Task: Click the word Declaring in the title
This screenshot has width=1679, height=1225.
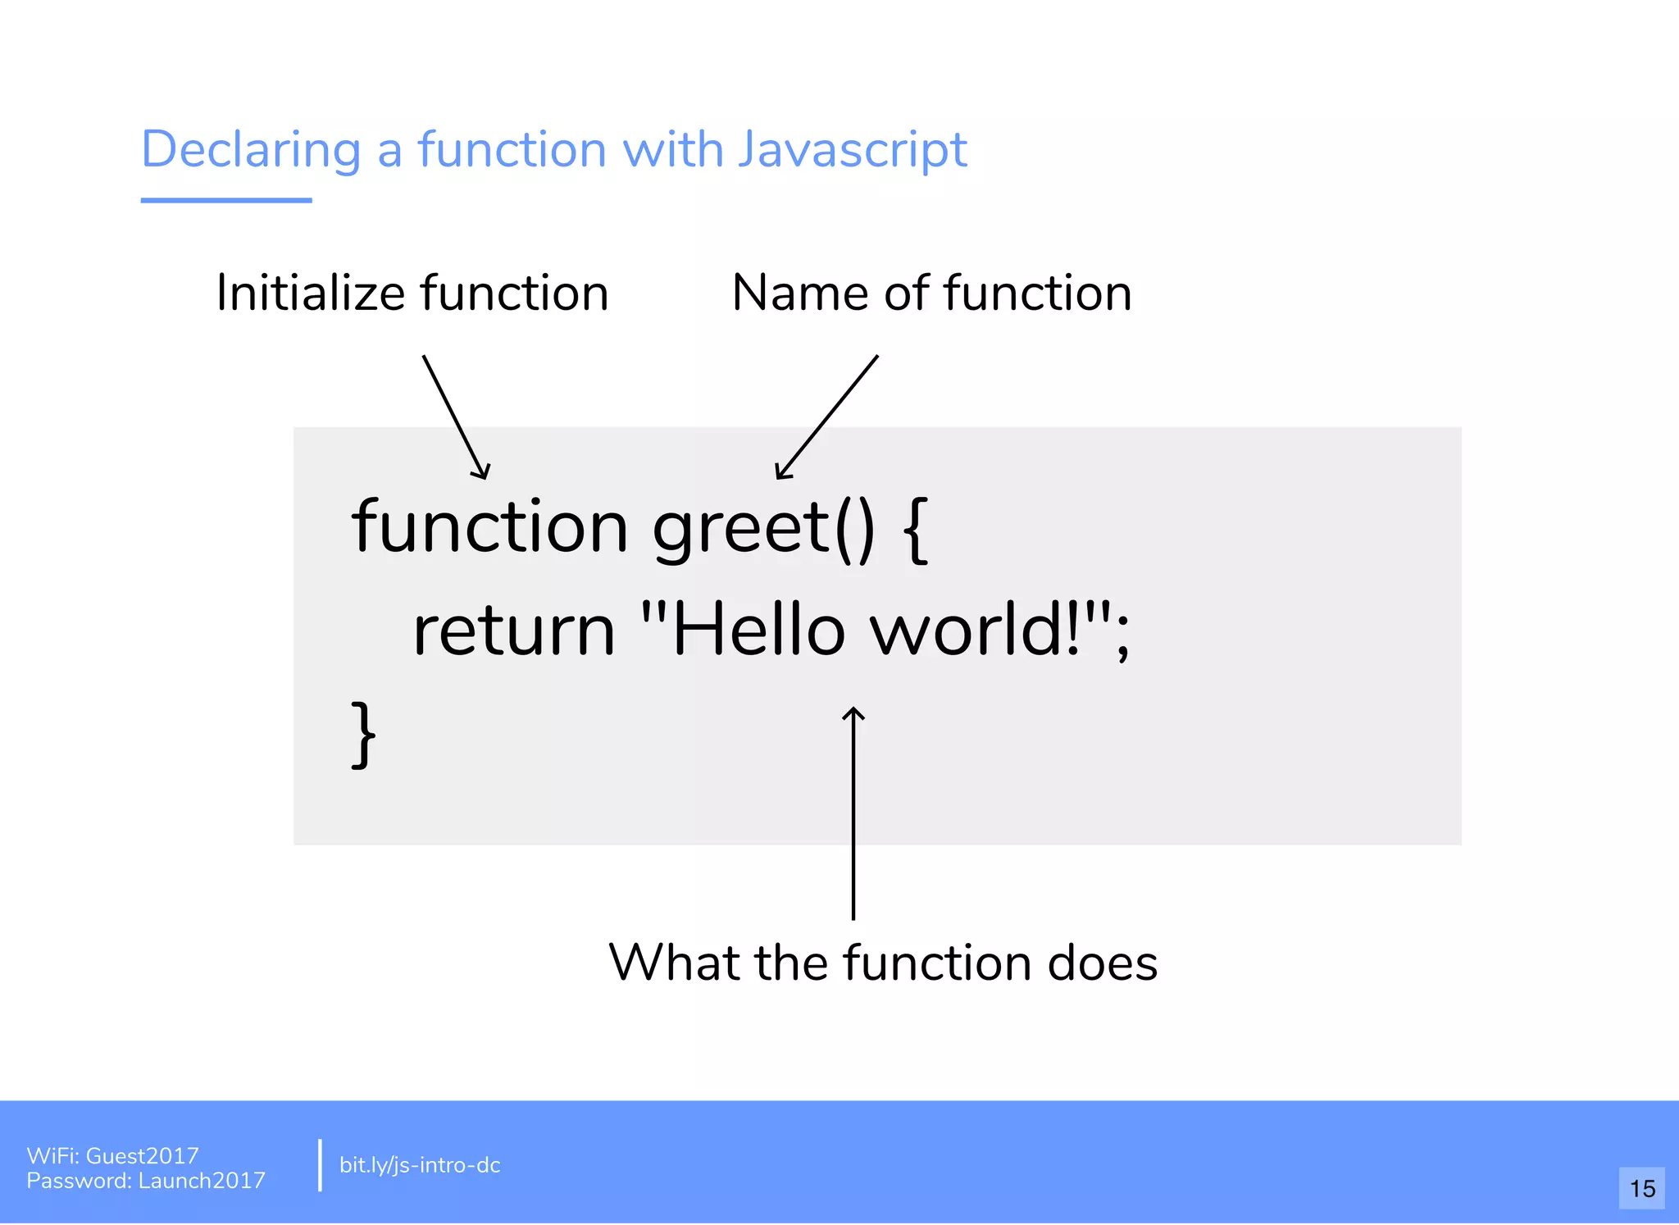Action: [x=251, y=151]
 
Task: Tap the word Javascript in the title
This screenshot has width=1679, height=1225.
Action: [x=852, y=151]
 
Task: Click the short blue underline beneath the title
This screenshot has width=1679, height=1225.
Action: [x=226, y=200]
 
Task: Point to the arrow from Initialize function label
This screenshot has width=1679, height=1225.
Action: [x=456, y=417]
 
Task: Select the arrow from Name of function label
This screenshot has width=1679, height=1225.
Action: [x=826, y=417]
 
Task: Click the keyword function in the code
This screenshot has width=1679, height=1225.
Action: [x=489, y=527]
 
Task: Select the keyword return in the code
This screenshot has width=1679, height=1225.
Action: [x=514, y=631]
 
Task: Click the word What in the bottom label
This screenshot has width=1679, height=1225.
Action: [x=674, y=963]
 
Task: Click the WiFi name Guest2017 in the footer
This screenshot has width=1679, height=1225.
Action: [x=143, y=1156]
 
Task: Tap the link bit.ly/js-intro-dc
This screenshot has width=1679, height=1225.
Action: [x=420, y=1165]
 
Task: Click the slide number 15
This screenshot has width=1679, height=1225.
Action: [x=1642, y=1189]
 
